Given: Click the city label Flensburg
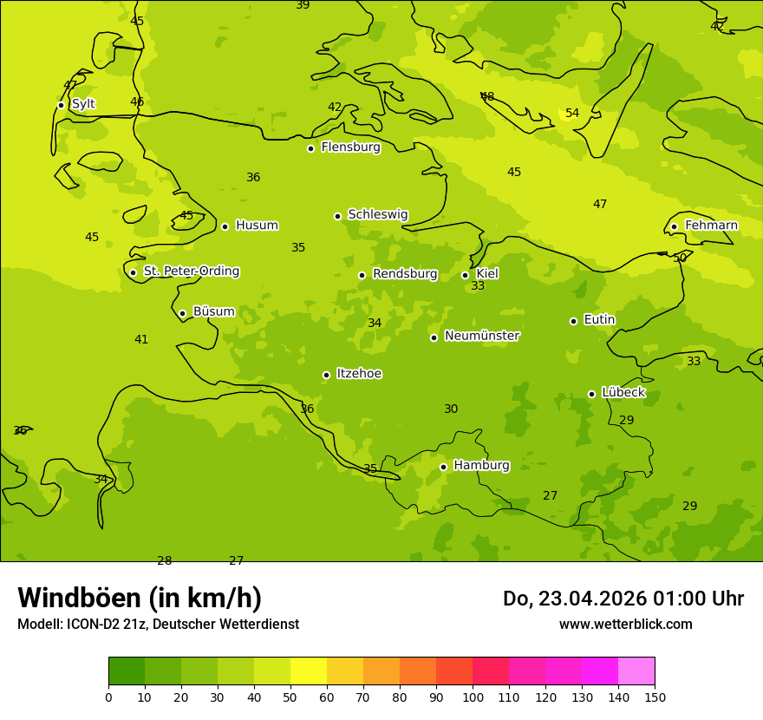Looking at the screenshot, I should [x=350, y=147].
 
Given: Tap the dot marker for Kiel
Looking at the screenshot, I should [x=465, y=275].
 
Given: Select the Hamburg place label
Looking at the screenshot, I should [x=481, y=466].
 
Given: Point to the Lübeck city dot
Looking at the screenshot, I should [x=591, y=394].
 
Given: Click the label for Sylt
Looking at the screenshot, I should [x=83, y=104].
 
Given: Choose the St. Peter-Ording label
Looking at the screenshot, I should [x=191, y=272].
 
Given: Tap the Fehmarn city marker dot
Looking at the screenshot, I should [x=674, y=226].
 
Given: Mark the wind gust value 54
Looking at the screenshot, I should [x=572, y=114].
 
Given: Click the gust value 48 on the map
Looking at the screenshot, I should [x=487, y=97].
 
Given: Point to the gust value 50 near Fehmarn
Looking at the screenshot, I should [x=680, y=259].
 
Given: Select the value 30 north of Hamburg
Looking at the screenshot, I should [x=451, y=409].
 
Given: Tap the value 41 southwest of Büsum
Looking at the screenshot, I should [x=141, y=340].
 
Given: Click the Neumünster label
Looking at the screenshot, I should [x=482, y=336].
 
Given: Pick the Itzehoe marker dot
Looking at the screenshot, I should [x=326, y=375].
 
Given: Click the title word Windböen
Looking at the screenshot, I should [x=79, y=598].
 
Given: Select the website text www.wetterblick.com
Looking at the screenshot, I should [x=625, y=625].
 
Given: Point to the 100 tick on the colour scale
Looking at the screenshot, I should [x=473, y=697].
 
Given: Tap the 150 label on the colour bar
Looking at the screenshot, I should [x=655, y=697].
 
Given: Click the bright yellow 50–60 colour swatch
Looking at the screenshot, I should [x=309, y=671].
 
